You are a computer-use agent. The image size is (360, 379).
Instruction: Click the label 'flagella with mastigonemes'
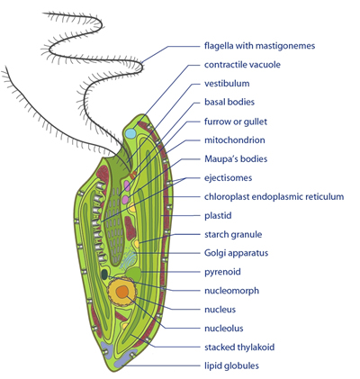coord(259,46)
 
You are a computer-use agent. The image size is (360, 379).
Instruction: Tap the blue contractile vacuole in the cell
coord(130,133)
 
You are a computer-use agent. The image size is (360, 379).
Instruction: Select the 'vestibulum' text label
coord(227,84)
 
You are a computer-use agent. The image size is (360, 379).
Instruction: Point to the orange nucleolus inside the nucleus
coord(122,292)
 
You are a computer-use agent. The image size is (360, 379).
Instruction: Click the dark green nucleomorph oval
coord(104,275)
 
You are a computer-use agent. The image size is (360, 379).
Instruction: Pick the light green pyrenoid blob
coord(133,274)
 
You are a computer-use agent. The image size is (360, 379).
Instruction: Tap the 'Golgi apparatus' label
coord(236,253)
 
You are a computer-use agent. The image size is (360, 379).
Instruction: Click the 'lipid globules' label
coord(231,365)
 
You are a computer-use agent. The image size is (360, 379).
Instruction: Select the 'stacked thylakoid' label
coord(239,347)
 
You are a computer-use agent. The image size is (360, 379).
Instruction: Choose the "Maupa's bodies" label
coord(236,158)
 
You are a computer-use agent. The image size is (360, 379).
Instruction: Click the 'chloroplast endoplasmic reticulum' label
coord(274,197)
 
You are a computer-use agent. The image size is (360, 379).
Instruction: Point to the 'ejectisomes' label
coord(228,178)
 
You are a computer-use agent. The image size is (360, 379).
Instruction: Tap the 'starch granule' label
coord(233,234)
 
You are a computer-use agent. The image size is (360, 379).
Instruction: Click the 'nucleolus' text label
coord(224,329)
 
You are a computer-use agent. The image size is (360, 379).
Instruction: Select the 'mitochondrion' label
coord(235,140)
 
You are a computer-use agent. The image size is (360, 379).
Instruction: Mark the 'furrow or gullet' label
coord(236,122)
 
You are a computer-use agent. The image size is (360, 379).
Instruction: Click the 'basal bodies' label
coord(229,102)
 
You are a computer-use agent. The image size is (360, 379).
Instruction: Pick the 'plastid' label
coord(218,216)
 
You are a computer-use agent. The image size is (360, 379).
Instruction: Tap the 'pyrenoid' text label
coord(222,272)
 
